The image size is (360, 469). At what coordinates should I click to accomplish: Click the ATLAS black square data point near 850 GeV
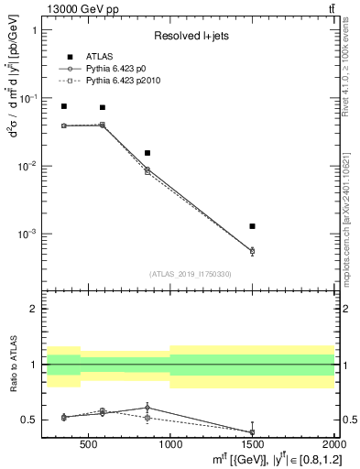[x=147, y=153]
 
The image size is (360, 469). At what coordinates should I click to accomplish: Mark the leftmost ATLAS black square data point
[x=63, y=106]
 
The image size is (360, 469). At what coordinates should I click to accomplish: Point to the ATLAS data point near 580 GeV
[x=102, y=107]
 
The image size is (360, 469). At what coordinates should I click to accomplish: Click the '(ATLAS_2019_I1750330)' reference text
[x=191, y=274]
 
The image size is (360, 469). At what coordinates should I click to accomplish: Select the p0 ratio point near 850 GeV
[x=147, y=408]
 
